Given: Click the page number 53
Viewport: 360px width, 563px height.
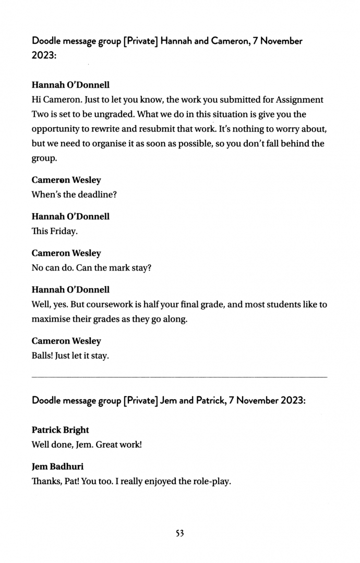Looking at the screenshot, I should [179, 533].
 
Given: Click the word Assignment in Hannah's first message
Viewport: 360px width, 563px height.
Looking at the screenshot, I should [300, 100].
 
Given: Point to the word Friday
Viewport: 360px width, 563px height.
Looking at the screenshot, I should [64, 231].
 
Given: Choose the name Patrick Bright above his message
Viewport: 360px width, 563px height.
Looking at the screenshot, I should [60, 430].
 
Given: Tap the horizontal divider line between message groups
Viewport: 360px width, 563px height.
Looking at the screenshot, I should [179, 376].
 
